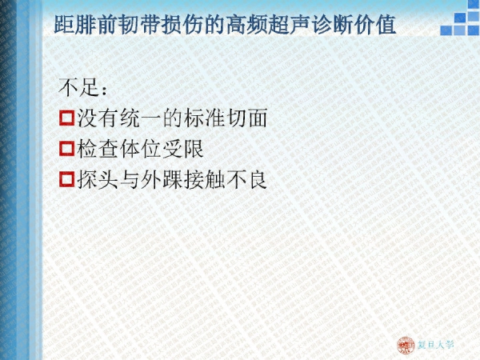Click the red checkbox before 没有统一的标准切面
[x=66, y=118]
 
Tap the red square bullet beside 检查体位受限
[x=66, y=149]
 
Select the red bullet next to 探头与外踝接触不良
[x=66, y=179]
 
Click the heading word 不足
[x=79, y=87]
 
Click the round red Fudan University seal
[x=406, y=346]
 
